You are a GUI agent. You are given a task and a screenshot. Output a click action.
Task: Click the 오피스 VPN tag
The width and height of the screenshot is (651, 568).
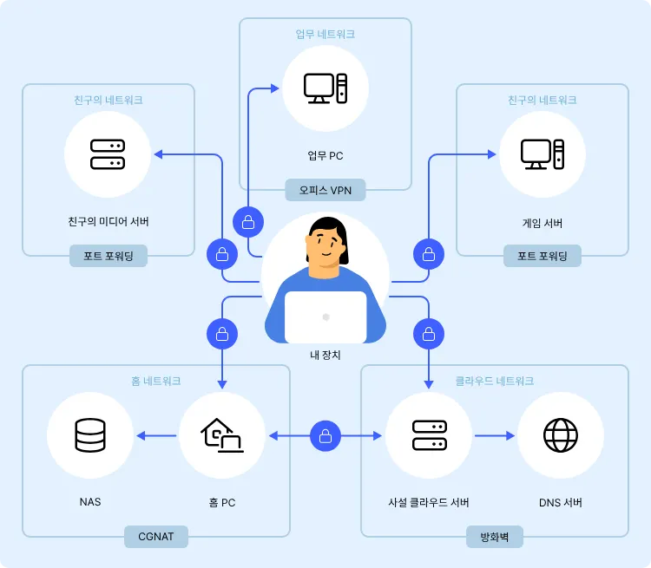coord(325,188)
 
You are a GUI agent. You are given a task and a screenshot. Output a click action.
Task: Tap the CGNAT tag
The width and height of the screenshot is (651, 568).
coord(156,536)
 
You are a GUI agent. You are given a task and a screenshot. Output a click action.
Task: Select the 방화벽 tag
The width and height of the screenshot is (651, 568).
coord(495,536)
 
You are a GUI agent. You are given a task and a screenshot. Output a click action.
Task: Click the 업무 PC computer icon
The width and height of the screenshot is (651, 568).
coord(325,87)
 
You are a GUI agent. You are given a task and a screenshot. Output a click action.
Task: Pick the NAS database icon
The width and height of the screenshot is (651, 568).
coord(90,435)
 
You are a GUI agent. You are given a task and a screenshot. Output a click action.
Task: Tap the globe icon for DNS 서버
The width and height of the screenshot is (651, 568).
coord(561,435)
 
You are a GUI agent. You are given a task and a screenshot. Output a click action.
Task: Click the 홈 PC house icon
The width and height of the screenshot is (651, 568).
coord(221,435)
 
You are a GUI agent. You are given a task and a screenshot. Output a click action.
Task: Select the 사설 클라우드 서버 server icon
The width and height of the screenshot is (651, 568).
coord(429,435)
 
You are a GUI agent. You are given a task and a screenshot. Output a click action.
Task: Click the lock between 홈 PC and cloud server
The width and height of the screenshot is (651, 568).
coord(325,435)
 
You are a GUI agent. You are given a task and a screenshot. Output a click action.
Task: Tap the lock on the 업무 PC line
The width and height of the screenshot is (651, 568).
coord(248,221)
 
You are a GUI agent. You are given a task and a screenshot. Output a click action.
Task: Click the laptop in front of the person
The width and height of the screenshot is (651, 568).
coord(325,317)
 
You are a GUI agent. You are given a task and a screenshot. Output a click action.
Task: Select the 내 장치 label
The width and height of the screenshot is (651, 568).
coord(325,355)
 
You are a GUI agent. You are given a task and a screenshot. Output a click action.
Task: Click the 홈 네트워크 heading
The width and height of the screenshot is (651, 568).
coord(156,381)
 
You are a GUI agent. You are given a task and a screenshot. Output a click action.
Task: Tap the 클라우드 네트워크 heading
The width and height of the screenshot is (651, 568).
coord(495,381)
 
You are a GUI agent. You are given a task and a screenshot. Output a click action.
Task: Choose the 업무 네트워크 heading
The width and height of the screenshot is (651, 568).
coord(325,34)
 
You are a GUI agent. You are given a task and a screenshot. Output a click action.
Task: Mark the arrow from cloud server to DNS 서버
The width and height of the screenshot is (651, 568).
coord(495,435)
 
